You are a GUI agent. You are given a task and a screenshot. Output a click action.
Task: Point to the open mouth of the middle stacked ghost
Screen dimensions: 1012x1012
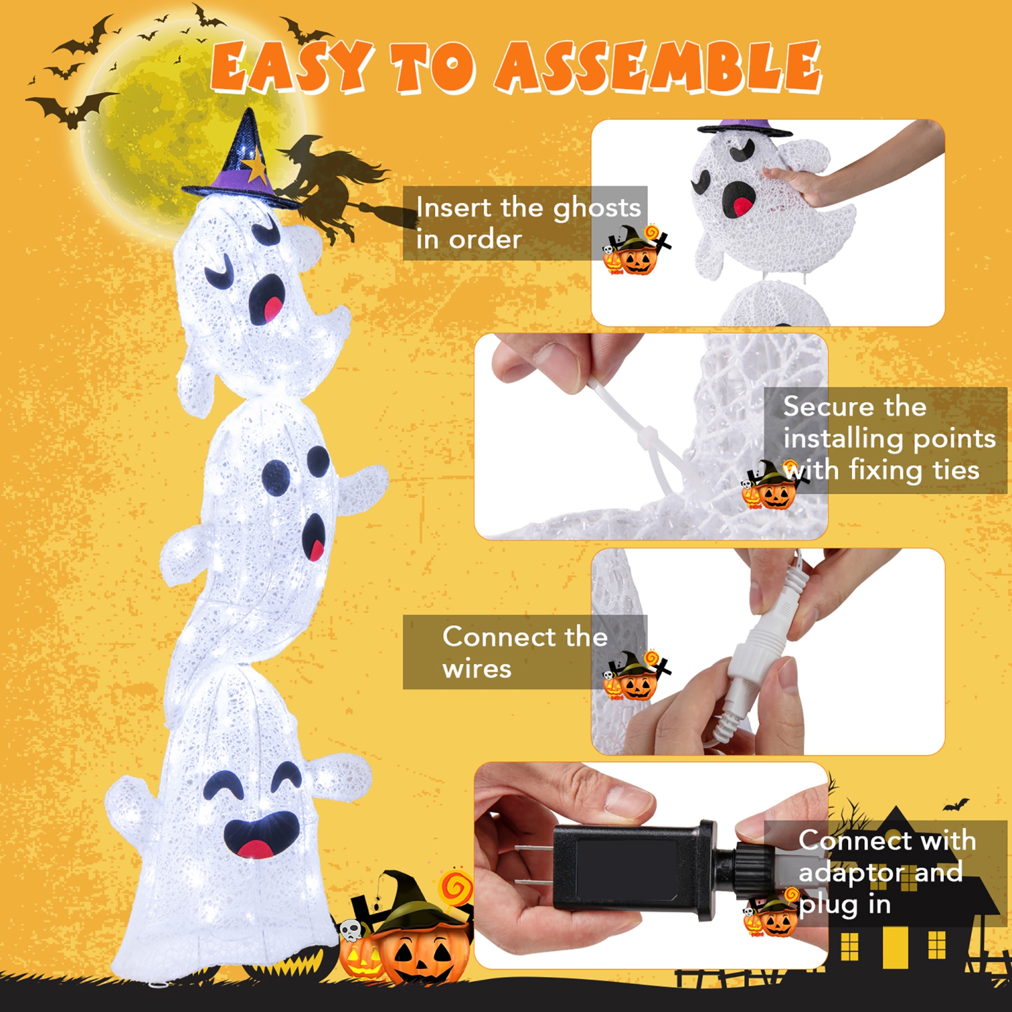pos(314,536)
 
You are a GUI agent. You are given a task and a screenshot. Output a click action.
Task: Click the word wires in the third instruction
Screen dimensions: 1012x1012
pos(477,669)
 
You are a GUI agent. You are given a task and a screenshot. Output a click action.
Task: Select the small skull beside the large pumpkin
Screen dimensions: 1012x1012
pos(351,932)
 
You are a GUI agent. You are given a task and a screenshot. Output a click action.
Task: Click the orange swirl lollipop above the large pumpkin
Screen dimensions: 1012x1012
pos(457,887)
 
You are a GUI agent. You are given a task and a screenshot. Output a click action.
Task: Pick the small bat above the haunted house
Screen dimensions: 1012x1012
pos(957,804)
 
